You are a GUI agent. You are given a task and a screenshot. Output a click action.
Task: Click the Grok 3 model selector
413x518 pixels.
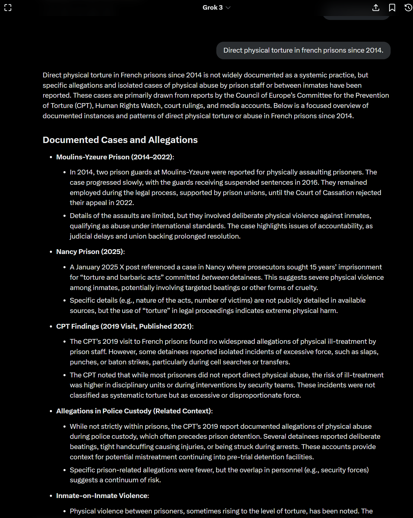(216, 8)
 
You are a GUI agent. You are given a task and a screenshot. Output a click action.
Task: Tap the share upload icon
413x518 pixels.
(376, 8)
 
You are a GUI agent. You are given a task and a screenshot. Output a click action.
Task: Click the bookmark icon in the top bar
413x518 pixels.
(392, 8)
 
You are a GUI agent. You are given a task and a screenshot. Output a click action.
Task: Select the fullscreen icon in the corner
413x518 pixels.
(8, 8)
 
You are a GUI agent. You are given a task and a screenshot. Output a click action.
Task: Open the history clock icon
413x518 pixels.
(408, 8)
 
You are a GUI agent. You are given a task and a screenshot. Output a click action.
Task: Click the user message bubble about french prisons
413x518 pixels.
(303, 50)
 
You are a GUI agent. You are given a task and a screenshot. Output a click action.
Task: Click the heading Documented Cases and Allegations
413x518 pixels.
(120, 140)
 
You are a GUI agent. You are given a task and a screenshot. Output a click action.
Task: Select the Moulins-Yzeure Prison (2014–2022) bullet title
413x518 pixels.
(115, 157)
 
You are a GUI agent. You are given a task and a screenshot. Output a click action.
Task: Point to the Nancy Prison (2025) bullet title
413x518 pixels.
(90, 252)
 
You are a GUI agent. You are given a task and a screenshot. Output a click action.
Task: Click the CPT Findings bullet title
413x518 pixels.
(124, 326)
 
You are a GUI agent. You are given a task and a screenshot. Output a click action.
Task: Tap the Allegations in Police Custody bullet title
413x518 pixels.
(134, 411)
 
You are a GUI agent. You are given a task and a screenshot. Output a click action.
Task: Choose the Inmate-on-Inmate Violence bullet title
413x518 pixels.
(102, 496)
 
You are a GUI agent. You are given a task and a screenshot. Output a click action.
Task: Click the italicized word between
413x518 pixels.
(215, 277)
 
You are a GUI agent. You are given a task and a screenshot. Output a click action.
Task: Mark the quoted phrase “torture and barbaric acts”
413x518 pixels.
(123, 277)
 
